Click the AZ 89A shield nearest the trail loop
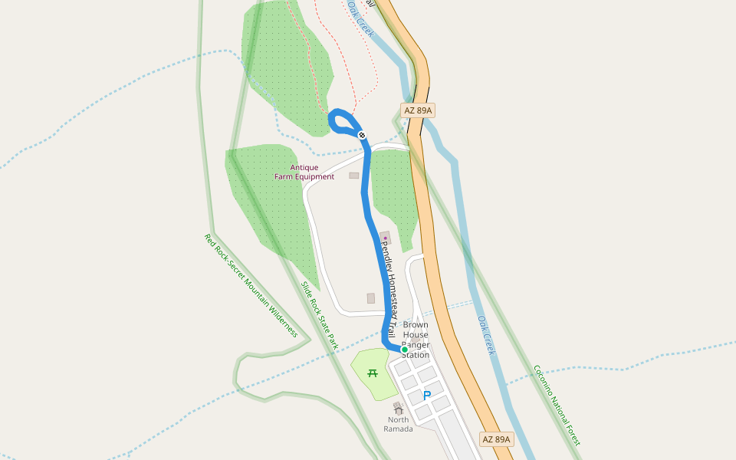[x=418, y=110]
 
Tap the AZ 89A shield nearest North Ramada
[x=496, y=439]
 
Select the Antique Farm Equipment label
[x=304, y=172]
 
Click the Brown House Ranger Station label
[x=416, y=340]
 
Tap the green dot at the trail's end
[x=405, y=350]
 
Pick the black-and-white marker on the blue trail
[x=362, y=135]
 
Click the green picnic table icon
[x=373, y=373]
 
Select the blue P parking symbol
[x=427, y=396]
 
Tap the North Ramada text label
[x=398, y=424]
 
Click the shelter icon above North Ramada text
[x=398, y=409]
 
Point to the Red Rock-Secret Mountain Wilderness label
[x=251, y=285]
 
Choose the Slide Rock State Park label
[x=319, y=315]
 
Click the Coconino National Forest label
[x=557, y=405]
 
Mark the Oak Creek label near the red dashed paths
[x=360, y=18]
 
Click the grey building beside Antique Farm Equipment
[x=353, y=176]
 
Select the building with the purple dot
[x=385, y=238]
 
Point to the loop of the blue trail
[x=343, y=123]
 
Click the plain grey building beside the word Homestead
[x=371, y=298]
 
